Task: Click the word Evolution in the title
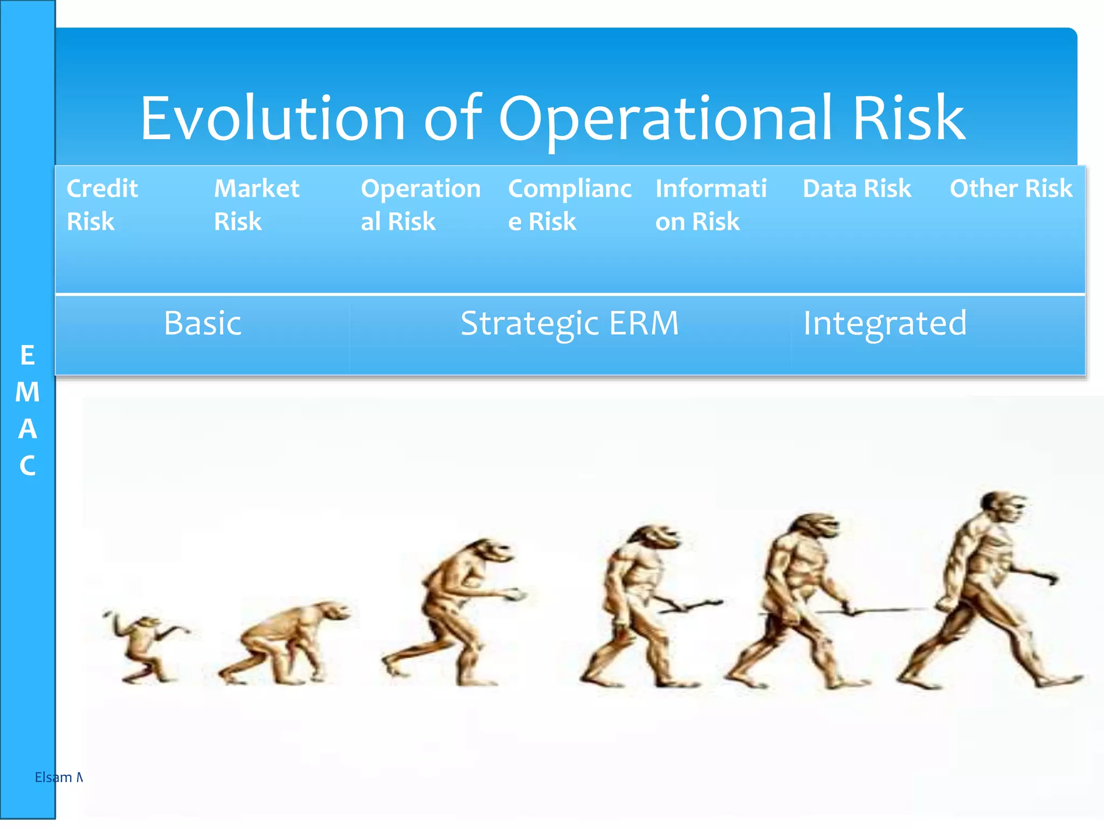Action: (x=272, y=119)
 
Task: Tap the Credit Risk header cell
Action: (x=102, y=205)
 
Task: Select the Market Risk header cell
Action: (x=256, y=205)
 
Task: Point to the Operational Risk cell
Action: (x=420, y=205)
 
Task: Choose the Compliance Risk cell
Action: (x=569, y=205)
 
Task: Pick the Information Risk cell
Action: (x=710, y=205)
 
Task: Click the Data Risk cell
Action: (x=857, y=189)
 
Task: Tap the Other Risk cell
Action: (x=1011, y=189)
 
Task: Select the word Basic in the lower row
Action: (x=203, y=323)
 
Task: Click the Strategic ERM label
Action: (x=569, y=323)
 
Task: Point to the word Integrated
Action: (x=885, y=323)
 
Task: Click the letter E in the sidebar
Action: (x=27, y=356)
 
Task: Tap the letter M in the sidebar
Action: (x=27, y=392)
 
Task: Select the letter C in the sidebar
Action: (x=27, y=466)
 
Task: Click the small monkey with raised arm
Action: (x=143, y=647)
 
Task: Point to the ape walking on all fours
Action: (x=286, y=641)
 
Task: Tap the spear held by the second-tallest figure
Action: (x=873, y=611)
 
